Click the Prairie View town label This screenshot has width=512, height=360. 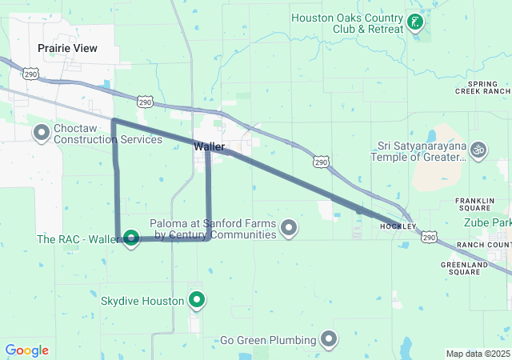67,48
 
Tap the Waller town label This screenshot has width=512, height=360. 208,146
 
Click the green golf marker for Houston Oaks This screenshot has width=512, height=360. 415,22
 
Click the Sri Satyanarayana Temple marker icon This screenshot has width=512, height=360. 478,149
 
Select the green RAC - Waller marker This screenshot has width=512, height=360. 130,238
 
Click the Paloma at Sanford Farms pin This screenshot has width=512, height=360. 290,229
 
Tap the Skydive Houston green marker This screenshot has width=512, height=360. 196,301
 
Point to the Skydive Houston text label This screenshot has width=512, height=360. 142,301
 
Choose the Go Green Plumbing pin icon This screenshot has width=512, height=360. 330,339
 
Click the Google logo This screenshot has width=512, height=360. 26,350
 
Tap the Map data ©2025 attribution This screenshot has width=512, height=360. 477,354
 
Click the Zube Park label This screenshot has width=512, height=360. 487,222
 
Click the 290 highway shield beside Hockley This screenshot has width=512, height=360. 429,238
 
